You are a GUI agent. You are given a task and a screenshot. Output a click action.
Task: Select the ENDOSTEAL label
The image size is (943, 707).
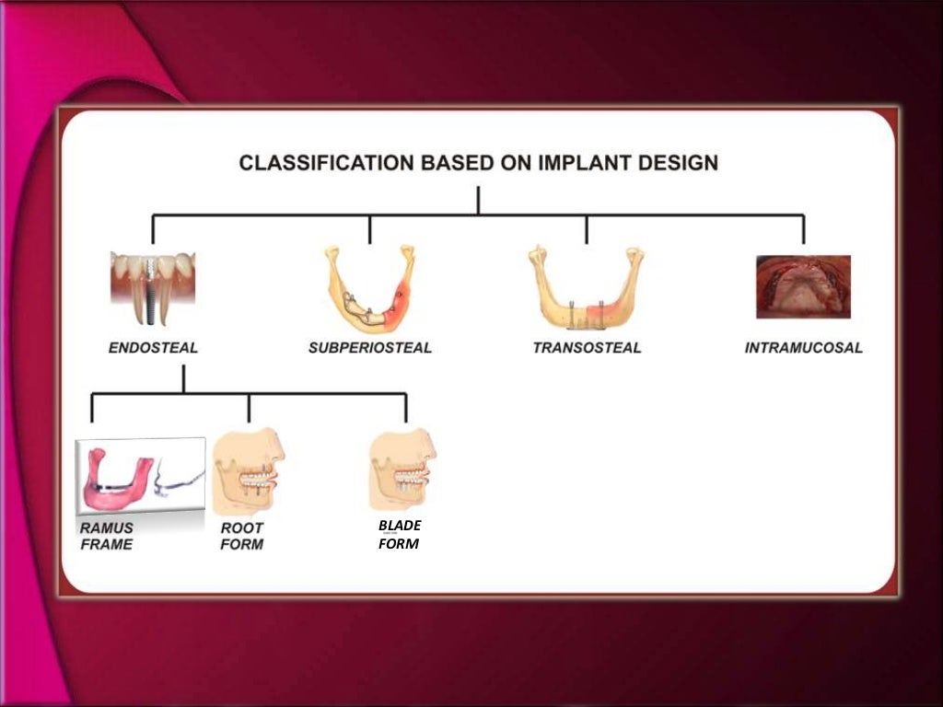pos(153,349)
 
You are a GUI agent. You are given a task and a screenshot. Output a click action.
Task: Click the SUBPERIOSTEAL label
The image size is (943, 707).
pos(370,349)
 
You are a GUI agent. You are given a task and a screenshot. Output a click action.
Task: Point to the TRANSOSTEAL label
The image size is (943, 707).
pos(587,349)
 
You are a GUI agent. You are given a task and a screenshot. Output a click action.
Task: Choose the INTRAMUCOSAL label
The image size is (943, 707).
pos(803,349)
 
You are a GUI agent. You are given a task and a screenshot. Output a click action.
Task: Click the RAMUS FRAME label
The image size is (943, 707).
pos(106,537)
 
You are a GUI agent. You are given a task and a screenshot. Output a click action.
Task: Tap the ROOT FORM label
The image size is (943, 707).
pos(242,537)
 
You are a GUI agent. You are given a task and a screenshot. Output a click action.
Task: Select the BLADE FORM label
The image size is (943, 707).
pos(400,534)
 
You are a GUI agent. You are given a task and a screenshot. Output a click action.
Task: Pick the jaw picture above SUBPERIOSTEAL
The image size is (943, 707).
pos(369,287)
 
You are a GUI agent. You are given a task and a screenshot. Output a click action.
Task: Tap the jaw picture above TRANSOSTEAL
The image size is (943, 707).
pos(586,287)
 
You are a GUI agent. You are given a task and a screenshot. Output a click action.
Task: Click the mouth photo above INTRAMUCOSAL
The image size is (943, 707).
pos(803,286)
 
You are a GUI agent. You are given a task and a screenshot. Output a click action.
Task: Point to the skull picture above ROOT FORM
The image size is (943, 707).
pos(248,471)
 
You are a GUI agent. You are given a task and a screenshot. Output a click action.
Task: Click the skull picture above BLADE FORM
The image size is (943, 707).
pos(402,469)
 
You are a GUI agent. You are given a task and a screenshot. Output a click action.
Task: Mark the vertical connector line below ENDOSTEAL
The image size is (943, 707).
pos(183,377)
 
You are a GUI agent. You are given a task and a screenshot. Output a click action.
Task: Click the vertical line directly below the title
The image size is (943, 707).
pos(478,200)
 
